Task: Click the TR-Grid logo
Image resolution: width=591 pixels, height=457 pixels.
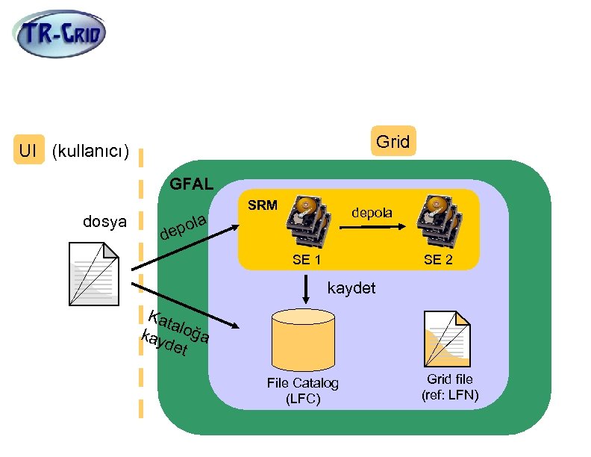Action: pyautogui.click(x=61, y=34)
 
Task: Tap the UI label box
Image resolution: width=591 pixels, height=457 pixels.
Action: pyautogui.click(x=28, y=150)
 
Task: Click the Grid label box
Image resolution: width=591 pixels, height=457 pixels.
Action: pyautogui.click(x=393, y=141)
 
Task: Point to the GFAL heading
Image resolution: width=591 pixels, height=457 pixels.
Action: pyautogui.click(x=192, y=183)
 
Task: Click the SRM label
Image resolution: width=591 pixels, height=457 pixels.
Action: pyautogui.click(x=262, y=205)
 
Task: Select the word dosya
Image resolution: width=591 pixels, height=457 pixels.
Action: pyautogui.click(x=104, y=221)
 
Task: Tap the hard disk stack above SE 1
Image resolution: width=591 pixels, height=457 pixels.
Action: pyautogui.click(x=309, y=221)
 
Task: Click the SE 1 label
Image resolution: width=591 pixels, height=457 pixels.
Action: pyautogui.click(x=307, y=260)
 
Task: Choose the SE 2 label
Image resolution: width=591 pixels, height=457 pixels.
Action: pyautogui.click(x=438, y=260)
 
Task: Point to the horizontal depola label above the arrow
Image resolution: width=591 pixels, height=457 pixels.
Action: pyautogui.click(x=371, y=212)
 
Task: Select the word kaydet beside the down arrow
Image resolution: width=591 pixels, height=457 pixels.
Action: pyautogui.click(x=351, y=288)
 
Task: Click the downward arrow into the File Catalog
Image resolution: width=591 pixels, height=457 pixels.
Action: pyautogui.click(x=307, y=288)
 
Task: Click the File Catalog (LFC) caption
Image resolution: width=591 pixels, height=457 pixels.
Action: pyautogui.click(x=302, y=391)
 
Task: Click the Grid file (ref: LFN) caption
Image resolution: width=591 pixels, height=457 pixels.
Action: pyautogui.click(x=449, y=387)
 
